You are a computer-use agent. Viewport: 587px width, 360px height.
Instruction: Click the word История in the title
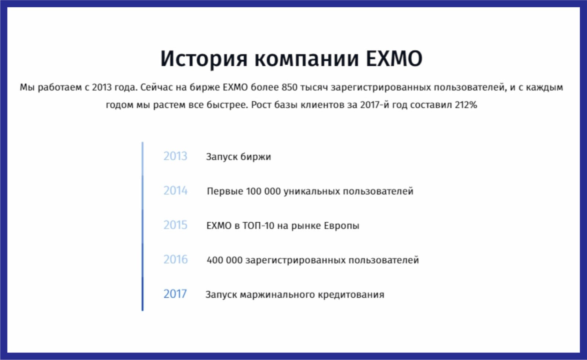point(204,59)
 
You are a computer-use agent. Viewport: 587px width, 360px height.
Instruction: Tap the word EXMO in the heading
point(394,58)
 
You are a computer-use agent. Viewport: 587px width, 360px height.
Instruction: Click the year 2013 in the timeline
point(175,156)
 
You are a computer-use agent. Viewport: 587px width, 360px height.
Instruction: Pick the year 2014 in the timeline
point(175,190)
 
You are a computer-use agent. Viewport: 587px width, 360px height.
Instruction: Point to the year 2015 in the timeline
point(175,225)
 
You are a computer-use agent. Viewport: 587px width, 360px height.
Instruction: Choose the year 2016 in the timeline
point(176,259)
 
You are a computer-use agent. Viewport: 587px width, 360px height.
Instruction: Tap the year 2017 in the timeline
point(175,294)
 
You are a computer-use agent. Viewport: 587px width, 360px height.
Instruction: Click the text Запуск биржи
point(238,157)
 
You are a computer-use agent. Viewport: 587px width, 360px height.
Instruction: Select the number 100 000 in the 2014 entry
point(263,191)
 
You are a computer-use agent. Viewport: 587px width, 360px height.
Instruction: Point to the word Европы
point(342,226)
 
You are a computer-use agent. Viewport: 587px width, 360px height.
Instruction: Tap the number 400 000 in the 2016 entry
point(225,260)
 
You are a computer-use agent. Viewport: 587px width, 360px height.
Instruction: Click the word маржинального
point(277,295)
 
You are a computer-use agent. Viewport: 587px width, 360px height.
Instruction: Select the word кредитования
point(351,295)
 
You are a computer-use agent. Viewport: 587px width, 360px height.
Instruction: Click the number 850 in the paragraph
point(289,87)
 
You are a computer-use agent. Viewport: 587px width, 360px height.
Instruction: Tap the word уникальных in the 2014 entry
point(312,192)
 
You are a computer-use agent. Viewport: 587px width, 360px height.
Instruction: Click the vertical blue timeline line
point(143,226)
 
